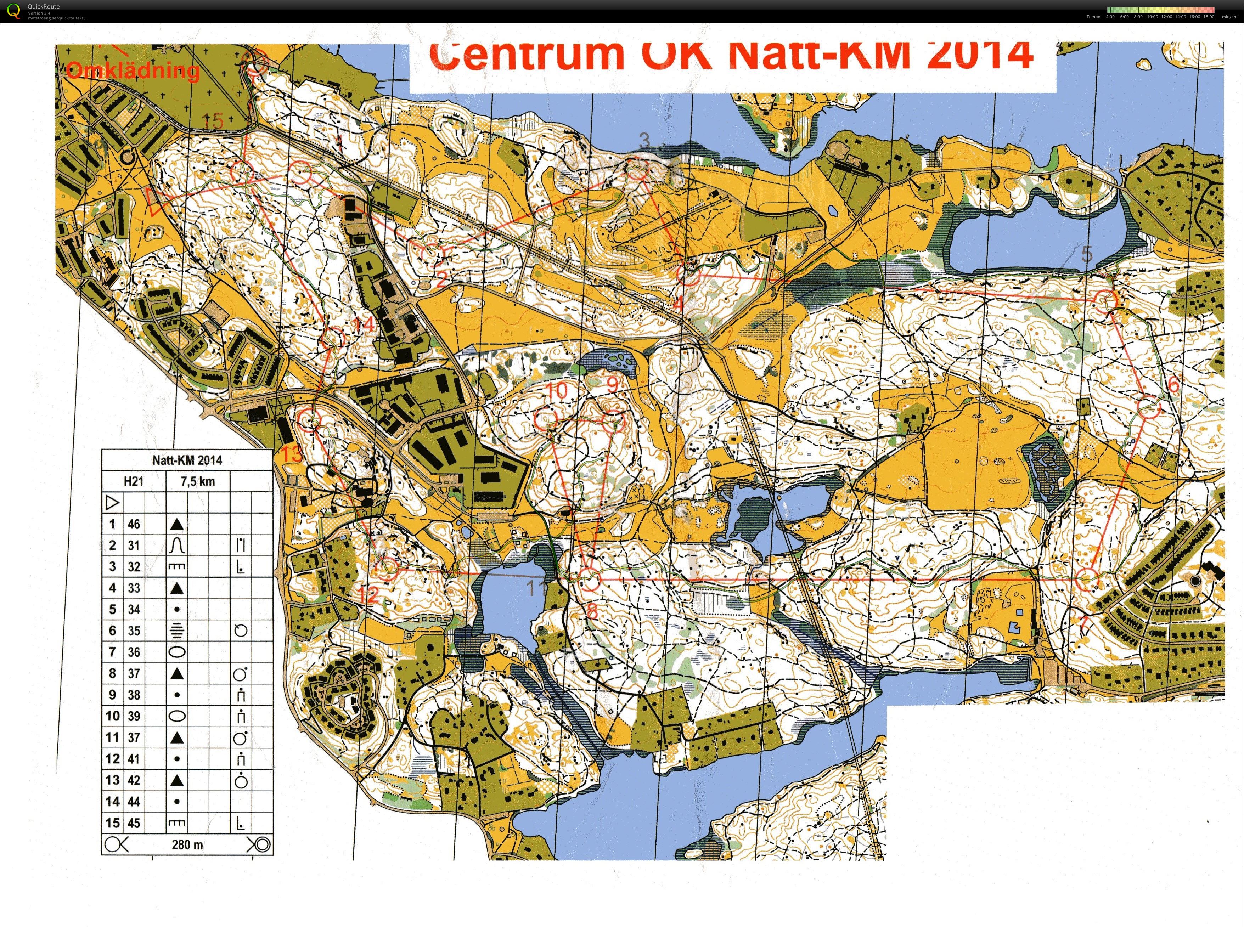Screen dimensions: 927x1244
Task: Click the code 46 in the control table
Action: coord(134,524)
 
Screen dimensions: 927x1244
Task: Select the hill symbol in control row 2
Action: coord(177,545)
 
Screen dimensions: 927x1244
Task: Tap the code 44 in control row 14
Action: coord(134,801)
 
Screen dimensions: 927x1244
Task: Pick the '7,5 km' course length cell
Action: coord(197,481)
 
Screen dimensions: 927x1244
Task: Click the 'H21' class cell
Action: coord(134,481)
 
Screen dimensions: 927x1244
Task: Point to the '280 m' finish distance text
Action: coord(187,844)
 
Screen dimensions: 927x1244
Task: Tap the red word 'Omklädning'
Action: coord(133,71)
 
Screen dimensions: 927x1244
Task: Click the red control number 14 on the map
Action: coord(364,324)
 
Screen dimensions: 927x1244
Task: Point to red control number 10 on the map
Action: coord(556,391)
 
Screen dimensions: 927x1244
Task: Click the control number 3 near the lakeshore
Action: coord(645,140)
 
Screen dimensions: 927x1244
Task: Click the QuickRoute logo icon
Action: coord(13,11)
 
